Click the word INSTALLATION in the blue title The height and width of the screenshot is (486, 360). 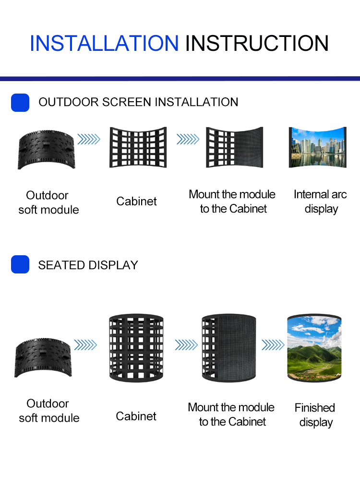click(x=104, y=44)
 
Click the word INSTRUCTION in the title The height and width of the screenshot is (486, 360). click(x=257, y=44)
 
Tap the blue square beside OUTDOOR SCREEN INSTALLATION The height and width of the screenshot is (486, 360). click(x=20, y=103)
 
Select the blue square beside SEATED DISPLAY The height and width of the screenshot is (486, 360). click(x=20, y=265)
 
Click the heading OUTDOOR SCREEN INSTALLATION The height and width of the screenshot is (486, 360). click(x=138, y=102)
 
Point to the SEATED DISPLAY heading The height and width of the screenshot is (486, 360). click(x=88, y=265)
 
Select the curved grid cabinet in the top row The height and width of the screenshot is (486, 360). click(x=138, y=147)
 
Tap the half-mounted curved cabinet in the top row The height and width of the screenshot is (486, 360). click(x=235, y=147)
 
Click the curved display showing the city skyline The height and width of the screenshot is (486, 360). click(x=317, y=147)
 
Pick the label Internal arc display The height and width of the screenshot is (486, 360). click(x=320, y=202)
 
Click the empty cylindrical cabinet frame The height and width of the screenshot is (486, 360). click(x=136, y=347)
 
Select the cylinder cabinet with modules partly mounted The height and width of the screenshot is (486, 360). click(x=229, y=347)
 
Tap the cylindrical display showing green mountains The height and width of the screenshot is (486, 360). click(x=314, y=347)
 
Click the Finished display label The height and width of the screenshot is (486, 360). click(x=315, y=415)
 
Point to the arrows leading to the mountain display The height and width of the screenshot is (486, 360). click(x=273, y=344)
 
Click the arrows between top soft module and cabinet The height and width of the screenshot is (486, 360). click(x=89, y=139)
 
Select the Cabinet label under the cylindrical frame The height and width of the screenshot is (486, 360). click(x=136, y=416)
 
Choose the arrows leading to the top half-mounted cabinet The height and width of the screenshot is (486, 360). click(x=188, y=139)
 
